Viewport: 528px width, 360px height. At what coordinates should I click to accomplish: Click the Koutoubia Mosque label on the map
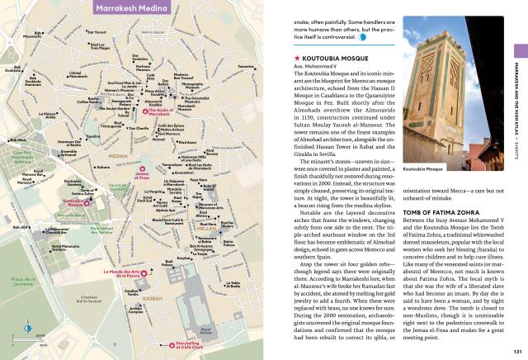tap(75, 201)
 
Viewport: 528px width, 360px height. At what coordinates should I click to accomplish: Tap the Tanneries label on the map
tap(246, 66)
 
